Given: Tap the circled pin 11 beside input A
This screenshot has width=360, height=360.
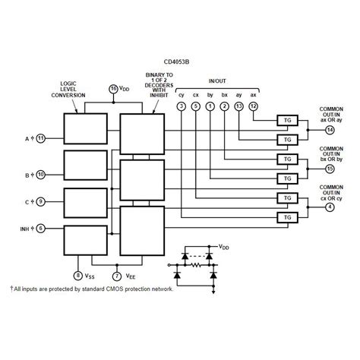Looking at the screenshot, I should click(40, 138).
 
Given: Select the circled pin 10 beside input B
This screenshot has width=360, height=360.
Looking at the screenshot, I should click(40, 174).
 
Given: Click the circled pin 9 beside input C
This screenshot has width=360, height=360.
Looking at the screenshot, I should click(40, 202).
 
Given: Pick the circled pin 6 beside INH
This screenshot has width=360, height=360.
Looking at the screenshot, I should click(40, 228).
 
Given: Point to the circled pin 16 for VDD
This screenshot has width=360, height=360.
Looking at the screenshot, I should click(114, 89).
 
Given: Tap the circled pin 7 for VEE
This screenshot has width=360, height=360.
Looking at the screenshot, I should click(116, 276).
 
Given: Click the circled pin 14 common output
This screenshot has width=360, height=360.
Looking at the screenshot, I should click(330, 130).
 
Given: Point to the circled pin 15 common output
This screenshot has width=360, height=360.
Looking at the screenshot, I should click(330, 169).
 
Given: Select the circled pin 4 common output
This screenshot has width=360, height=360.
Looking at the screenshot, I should click(330, 207).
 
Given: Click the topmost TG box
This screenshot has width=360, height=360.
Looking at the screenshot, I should click(287, 120).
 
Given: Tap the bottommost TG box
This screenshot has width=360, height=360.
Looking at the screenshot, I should click(287, 218).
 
